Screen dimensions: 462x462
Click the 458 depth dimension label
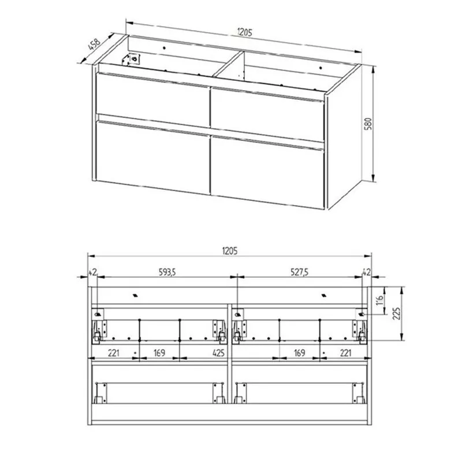[94, 44]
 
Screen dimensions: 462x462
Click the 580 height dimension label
[368, 124]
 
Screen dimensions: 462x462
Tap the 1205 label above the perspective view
[245, 32]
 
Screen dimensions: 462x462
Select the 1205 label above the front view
[230, 251]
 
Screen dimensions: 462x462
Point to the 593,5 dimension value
[167, 272]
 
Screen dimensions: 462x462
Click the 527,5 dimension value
[300, 272]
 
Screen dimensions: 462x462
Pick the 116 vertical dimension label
[380, 300]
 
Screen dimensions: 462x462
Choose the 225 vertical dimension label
[397, 314]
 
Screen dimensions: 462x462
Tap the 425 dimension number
[218, 353]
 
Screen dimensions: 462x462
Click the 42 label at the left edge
[92, 272]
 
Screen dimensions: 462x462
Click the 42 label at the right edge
[366, 272]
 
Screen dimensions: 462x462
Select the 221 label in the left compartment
[113, 353]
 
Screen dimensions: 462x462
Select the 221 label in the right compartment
[345, 353]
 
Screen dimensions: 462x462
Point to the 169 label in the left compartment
[159, 353]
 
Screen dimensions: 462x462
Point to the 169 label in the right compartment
[299, 353]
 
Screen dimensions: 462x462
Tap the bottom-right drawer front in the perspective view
[267, 172]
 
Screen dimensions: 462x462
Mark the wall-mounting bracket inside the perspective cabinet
[132, 59]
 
